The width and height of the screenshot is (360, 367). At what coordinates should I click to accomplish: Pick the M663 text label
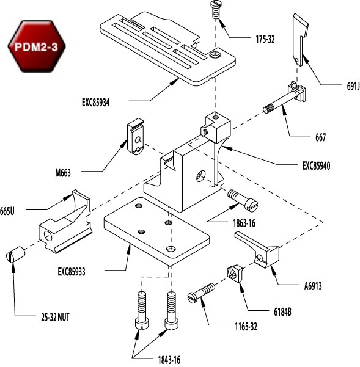(x=62, y=173)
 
